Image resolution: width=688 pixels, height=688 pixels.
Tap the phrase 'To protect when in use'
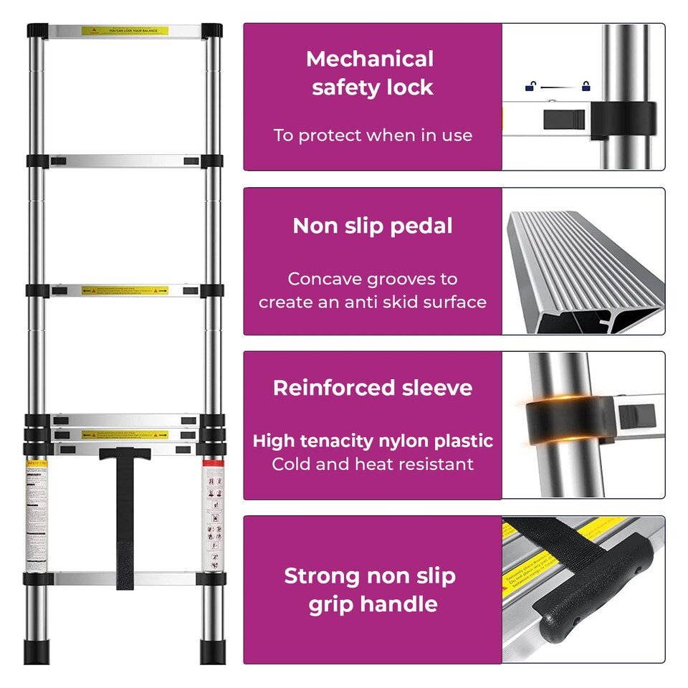pyautogui.click(x=373, y=135)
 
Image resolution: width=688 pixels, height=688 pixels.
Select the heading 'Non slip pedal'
pyautogui.click(x=373, y=226)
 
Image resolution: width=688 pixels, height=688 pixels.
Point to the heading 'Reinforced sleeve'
pyautogui.click(x=373, y=388)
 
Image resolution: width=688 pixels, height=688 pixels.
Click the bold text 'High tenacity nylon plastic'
pyautogui.click(x=373, y=441)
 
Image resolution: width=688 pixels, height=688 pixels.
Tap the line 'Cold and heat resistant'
pyautogui.click(x=373, y=464)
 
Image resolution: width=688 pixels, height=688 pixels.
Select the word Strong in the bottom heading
pyautogui.click(x=321, y=576)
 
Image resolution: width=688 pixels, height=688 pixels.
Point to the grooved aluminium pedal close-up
pyautogui.click(x=584, y=272)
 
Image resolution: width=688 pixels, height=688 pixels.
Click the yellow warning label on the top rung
pyautogui.click(x=125, y=31)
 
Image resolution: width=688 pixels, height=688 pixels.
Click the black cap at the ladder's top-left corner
pyautogui.click(x=37, y=31)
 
